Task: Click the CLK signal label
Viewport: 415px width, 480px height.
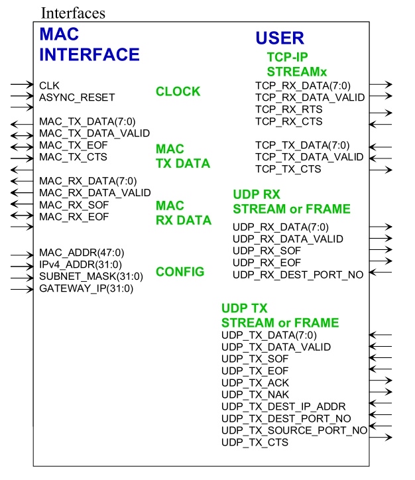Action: (48, 86)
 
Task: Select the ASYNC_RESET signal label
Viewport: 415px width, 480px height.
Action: (77, 97)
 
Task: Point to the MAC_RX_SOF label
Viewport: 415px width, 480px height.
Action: (74, 204)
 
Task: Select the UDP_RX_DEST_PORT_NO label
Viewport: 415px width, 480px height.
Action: (298, 274)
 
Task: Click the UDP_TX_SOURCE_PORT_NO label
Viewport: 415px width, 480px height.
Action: (294, 430)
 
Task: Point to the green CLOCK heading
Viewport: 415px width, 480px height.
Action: (178, 91)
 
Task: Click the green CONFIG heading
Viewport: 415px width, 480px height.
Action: (180, 272)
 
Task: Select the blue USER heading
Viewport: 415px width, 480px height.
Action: (280, 38)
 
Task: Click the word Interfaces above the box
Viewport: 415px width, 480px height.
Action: (73, 13)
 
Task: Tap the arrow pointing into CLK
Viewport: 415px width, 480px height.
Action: (22, 85)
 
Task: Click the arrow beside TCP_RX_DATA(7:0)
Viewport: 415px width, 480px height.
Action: (381, 85)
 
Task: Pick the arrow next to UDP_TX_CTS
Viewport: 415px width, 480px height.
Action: (381, 437)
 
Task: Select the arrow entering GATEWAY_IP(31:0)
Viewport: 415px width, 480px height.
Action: (22, 289)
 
